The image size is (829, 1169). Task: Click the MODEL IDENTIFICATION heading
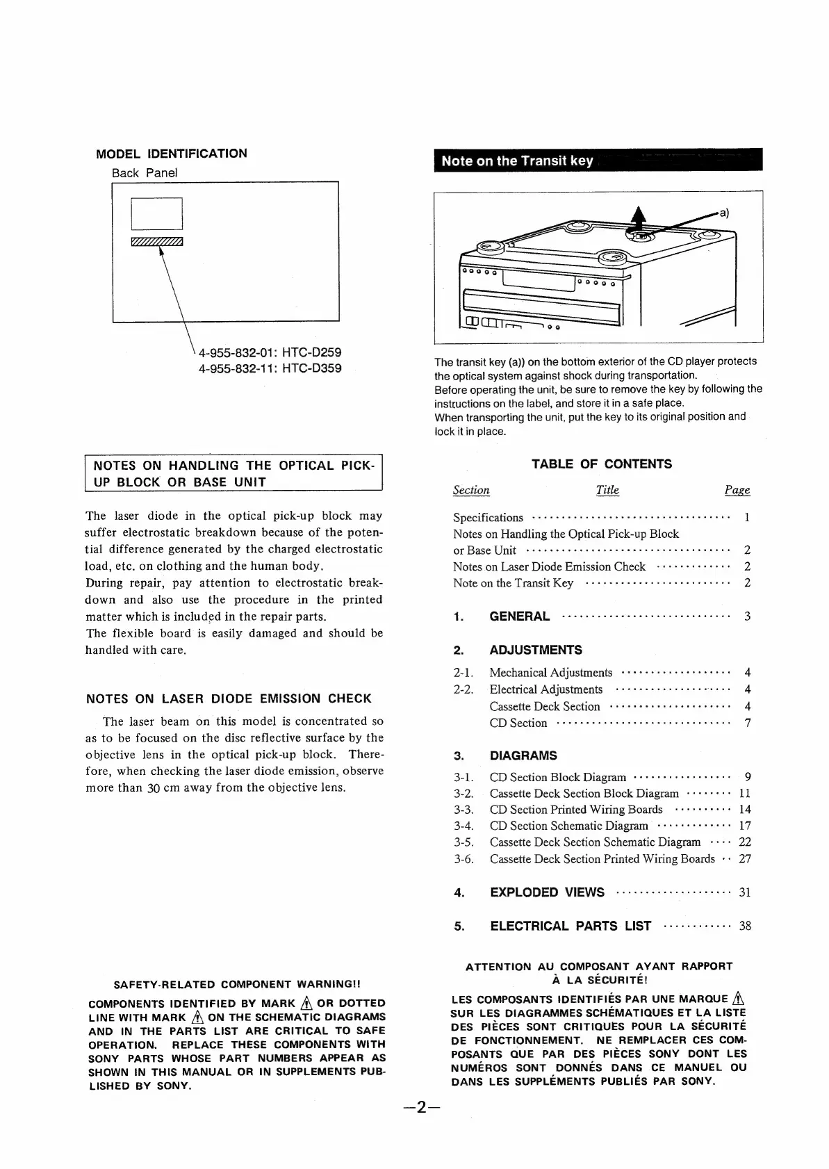(171, 154)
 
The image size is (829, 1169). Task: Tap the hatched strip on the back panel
(156, 241)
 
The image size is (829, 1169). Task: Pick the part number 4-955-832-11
(236, 368)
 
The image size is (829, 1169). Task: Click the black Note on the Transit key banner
(598, 161)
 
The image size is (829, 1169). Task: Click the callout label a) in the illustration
(723, 213)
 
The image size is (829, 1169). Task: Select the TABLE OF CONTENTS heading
(602, 464)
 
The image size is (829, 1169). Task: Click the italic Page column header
(737, 490)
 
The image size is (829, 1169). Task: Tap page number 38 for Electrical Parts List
(745, 926)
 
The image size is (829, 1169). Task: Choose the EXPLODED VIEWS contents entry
(547, 892)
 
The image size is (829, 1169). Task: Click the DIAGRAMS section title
(523, 755)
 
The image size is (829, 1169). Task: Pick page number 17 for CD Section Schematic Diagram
(745, 826)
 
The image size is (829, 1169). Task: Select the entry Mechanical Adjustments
(550, 672)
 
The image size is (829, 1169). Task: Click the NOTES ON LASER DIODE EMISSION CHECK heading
(229, 698)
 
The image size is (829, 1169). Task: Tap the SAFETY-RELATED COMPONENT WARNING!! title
(237, 984)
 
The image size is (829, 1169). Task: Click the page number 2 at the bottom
(421, 1127)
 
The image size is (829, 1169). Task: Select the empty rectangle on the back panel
(156, 213)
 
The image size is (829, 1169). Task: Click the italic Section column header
(471, 490)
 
